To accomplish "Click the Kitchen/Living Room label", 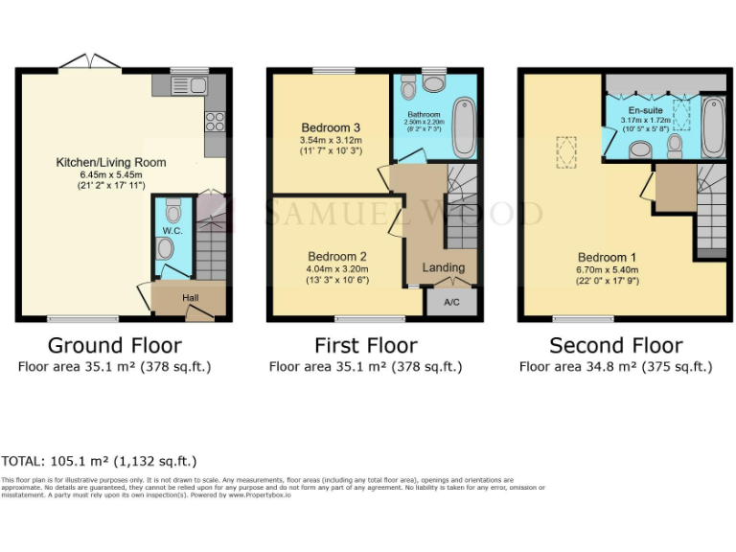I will point(110,163).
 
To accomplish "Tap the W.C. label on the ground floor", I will point(172,230).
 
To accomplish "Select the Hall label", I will point(191,298).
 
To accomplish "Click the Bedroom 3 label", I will point(331,128).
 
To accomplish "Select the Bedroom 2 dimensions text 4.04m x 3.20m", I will point(336,269).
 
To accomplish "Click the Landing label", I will point(443,268).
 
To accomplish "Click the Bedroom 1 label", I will point(607,257).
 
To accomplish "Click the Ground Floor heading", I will point(114,345).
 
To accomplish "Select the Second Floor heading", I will point(615,345).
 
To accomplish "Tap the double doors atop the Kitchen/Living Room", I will point(90,62).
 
